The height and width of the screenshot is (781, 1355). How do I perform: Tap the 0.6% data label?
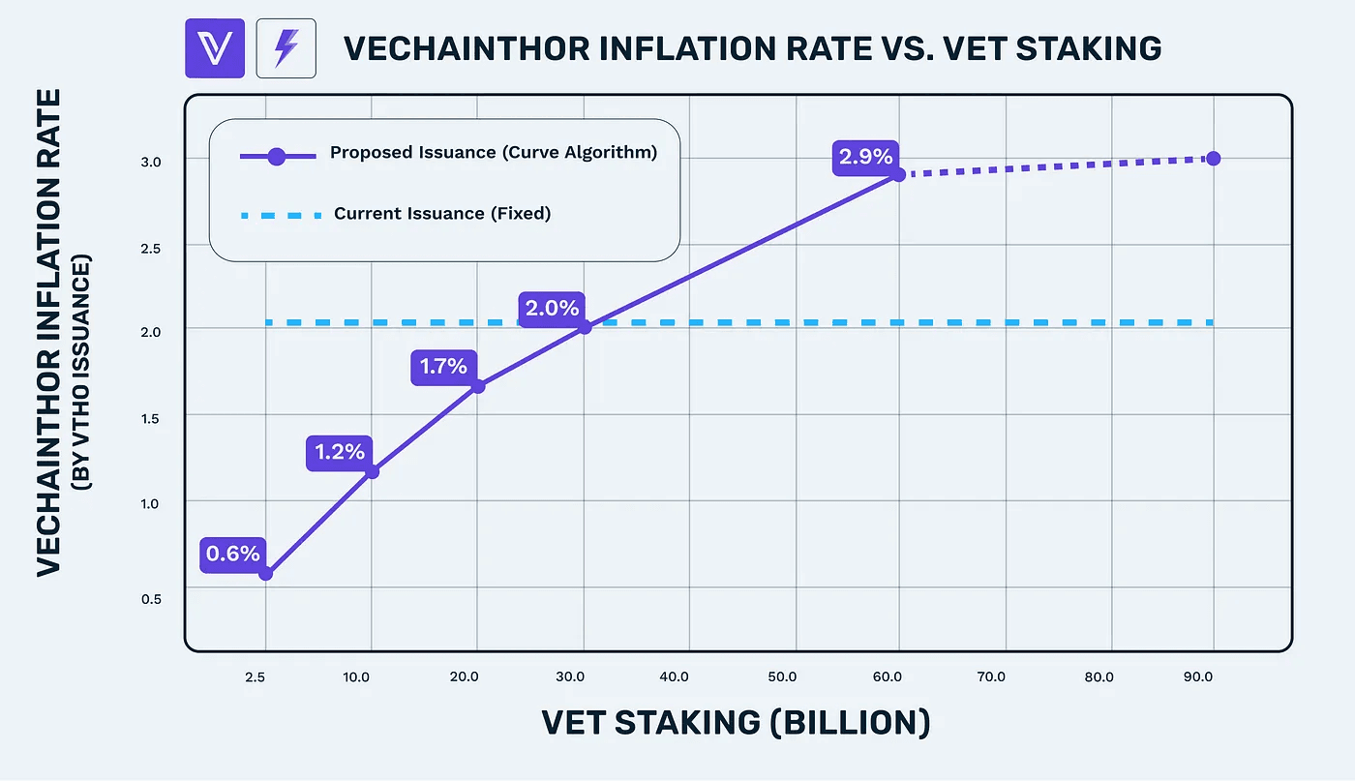[x=232, y=554]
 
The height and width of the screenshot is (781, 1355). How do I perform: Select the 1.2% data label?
[x=339, y=451]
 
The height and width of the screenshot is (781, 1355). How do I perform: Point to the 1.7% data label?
[x=444, y=366]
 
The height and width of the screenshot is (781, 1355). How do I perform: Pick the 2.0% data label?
[x=552, y=309]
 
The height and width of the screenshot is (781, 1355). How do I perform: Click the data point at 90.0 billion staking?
[x=1213, y=158]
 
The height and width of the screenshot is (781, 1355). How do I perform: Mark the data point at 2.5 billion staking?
[x=266, y=573]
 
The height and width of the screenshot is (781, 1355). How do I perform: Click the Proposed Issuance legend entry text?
[x=494, y=153]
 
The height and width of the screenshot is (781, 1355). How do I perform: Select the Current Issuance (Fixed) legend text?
[x=442, y=213]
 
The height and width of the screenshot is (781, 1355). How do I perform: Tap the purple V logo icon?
[x=216, y=47]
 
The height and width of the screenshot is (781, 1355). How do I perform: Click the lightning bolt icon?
[x=286, y=47]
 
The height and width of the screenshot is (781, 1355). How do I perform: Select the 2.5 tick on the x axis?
[x=255, y=676]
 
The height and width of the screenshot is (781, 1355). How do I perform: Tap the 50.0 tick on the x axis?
[x=780, y=676]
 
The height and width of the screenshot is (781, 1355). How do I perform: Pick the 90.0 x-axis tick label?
[x=1198, y=676]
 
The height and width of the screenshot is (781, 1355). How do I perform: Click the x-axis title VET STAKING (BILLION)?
[x=736, y=723]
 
